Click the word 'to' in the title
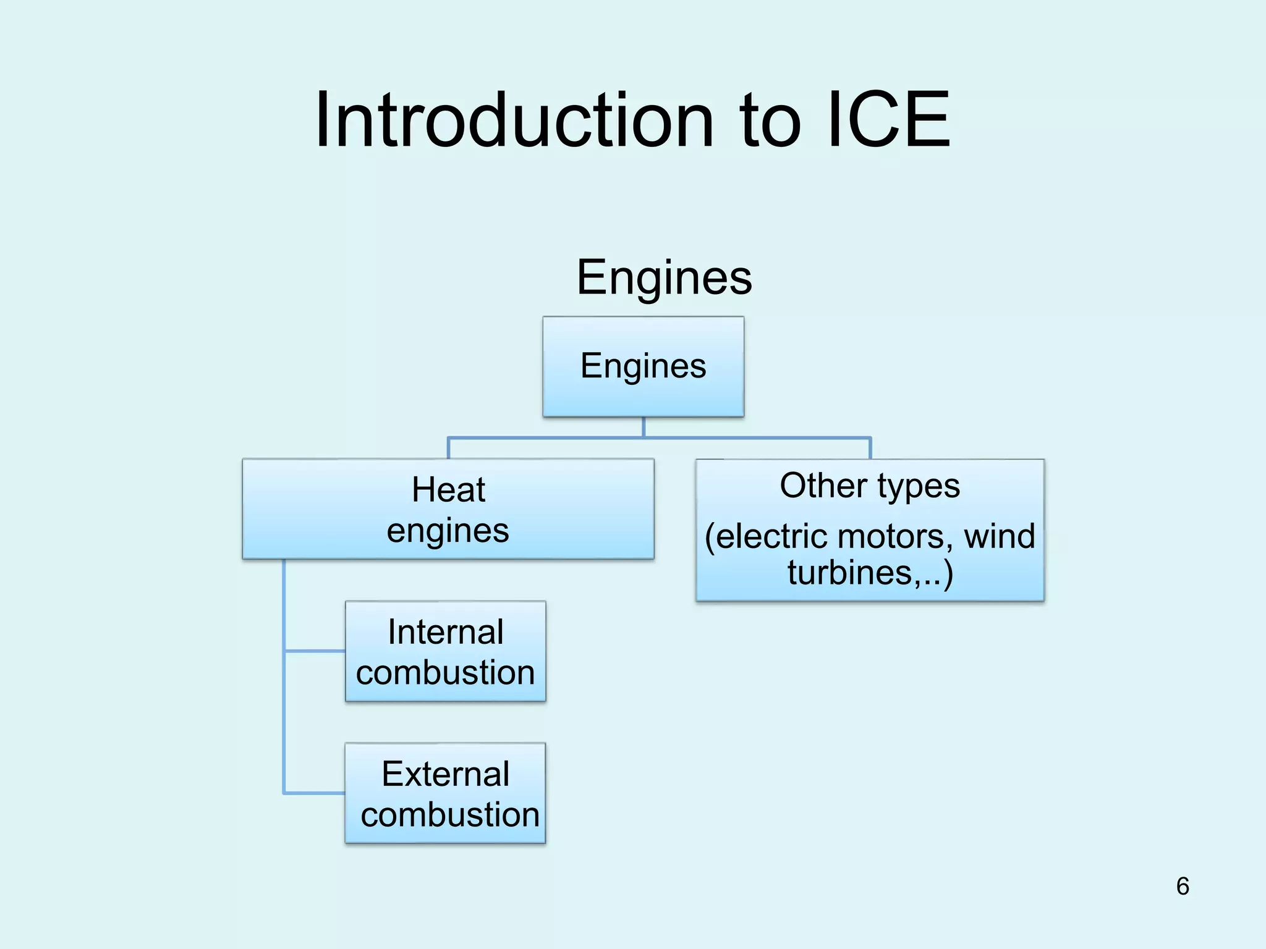[x=770, y=122]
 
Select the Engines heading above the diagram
[x=664, y=278]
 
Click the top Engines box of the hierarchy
[x=643, y=366]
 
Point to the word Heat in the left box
[x=448, y=490]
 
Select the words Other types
[x=870, y=486]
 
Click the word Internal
[x=446, y=632]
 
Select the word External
[x=446, y=774]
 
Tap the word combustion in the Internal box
[x=446, y=673]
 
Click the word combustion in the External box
[x=450, y=815]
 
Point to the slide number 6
[x=1183, y=887]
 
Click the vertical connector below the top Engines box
[x=644, y=427]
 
